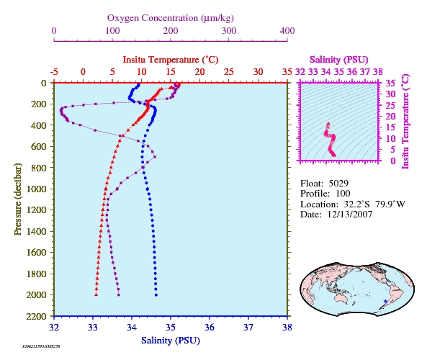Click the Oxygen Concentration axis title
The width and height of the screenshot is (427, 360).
click(x=171, y=18)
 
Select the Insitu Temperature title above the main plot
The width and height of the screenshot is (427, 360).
click(x=171, y=60)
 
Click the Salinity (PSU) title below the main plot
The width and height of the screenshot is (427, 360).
click(x=171, y=341)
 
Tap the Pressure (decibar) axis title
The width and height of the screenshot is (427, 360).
click(x=18, y=199)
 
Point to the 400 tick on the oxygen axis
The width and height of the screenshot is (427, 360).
click(x=287, y=31)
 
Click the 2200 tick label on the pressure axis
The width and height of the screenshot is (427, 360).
click(x=36, y=316)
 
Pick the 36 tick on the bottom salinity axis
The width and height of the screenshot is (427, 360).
click(x=210, y=327)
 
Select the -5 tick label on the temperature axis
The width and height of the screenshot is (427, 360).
click(x=54, y=72)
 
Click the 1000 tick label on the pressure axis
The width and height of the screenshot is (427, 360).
click(x=36, y=189)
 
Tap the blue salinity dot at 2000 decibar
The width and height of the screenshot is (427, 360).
click(x=156, y=295)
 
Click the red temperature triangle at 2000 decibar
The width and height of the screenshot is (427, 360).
click(x=96, y=294)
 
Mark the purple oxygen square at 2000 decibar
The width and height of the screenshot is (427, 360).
click(x=119, y=295)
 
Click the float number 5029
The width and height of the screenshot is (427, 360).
click(x=338, y=184)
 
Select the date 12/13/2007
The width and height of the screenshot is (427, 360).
click(x=350, y=215)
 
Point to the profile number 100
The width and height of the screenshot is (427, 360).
click(x=343, y=194)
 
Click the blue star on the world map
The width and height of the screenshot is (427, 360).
click(x=385, y=301)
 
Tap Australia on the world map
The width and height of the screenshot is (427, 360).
click(x=343, y=297)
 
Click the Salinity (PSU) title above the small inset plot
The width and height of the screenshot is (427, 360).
click(x=338, y=60)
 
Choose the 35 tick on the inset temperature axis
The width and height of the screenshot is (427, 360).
click(x=390, y=83)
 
